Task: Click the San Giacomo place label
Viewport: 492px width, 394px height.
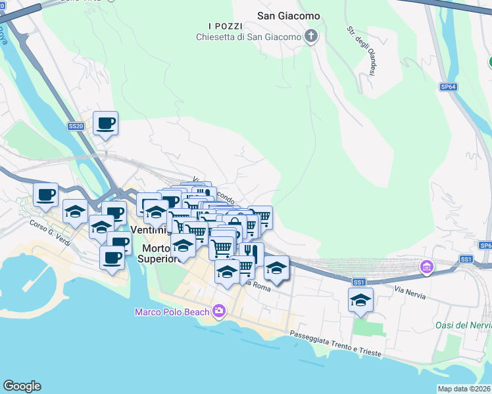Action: pos(287,15)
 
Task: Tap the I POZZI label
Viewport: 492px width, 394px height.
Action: pos(220,26)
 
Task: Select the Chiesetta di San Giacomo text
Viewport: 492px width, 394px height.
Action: pos(248,37)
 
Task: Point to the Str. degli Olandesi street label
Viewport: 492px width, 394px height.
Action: pos(360,51)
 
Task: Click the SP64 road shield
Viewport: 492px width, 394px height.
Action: pos(448,87)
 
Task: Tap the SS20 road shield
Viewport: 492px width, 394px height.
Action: pos(76,126)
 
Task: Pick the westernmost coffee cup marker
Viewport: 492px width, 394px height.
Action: pos(45,194)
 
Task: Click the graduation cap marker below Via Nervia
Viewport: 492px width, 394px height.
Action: pos(360,300)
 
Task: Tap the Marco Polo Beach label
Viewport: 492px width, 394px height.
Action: pos(172,312)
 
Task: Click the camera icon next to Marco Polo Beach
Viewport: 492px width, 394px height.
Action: pos(219,311)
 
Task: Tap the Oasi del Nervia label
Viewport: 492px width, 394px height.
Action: pos(462,325)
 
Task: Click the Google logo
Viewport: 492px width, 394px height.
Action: pos(22,386)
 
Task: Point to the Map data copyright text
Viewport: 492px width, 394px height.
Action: pos(464,389)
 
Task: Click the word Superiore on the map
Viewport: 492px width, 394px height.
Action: pos(158,259)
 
